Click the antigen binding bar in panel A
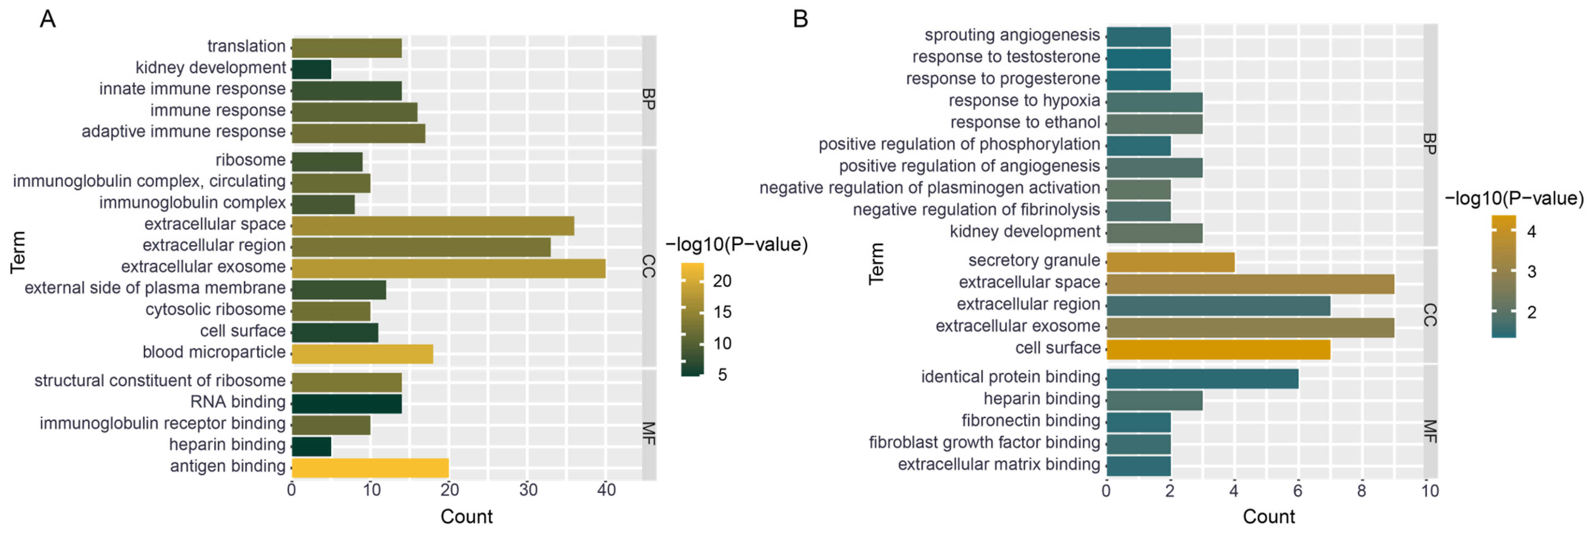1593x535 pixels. pyautogui.click(x=370, y=468)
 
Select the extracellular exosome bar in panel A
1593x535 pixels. pyautogui.click(x=448, y=268)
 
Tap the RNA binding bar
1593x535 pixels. pyautogui.click(x=346, y=403)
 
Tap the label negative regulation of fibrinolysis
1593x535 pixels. pyautogui.click(x=976, y=210)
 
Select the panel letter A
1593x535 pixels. pyautogui.click(x=48, y=19)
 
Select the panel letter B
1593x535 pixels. pyautogui.click(x=800, y=19)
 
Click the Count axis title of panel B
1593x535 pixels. pyautogui.click(x=1268, y=517)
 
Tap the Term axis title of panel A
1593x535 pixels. pyautogui.click(x=18, y=252)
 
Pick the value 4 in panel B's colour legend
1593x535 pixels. pyautogui.click(x=1531, y=232)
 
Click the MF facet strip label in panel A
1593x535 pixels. pyautogui.click(x=648, y=433)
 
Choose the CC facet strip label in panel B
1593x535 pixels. pyautogui.click(x=1430, y=314)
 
